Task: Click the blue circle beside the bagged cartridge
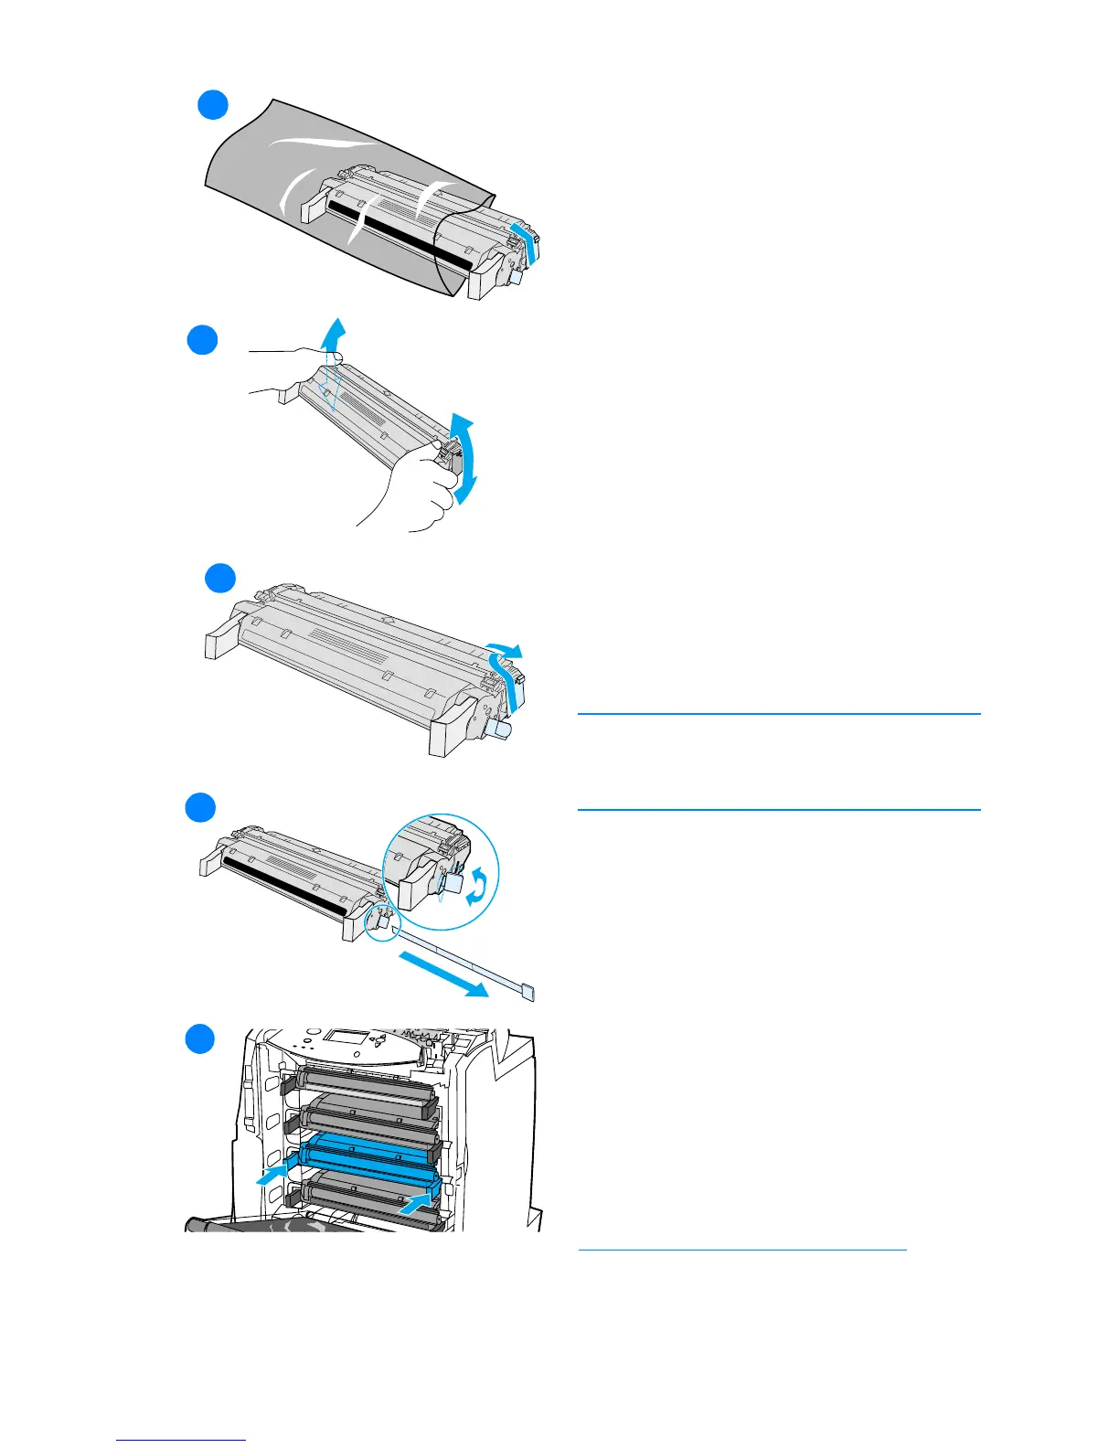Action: (x=213, y=105)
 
